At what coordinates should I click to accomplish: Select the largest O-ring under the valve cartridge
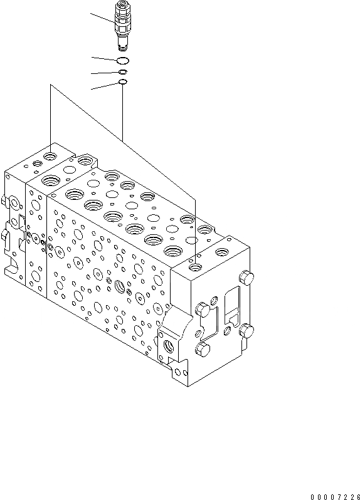click(x=123, y=60)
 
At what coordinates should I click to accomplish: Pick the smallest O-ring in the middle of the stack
click(x=123, y=72)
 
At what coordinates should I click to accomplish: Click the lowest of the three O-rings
click(x=123, y=82)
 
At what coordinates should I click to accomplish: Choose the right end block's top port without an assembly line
click(x=223, y=252)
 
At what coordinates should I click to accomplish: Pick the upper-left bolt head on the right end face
click(x=202, y=308)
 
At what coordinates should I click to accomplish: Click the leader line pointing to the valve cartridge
click(x=102, y=19)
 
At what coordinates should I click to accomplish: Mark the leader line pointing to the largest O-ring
click(x=103, y=58)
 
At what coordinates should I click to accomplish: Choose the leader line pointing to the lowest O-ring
click(x=104, y=85)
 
